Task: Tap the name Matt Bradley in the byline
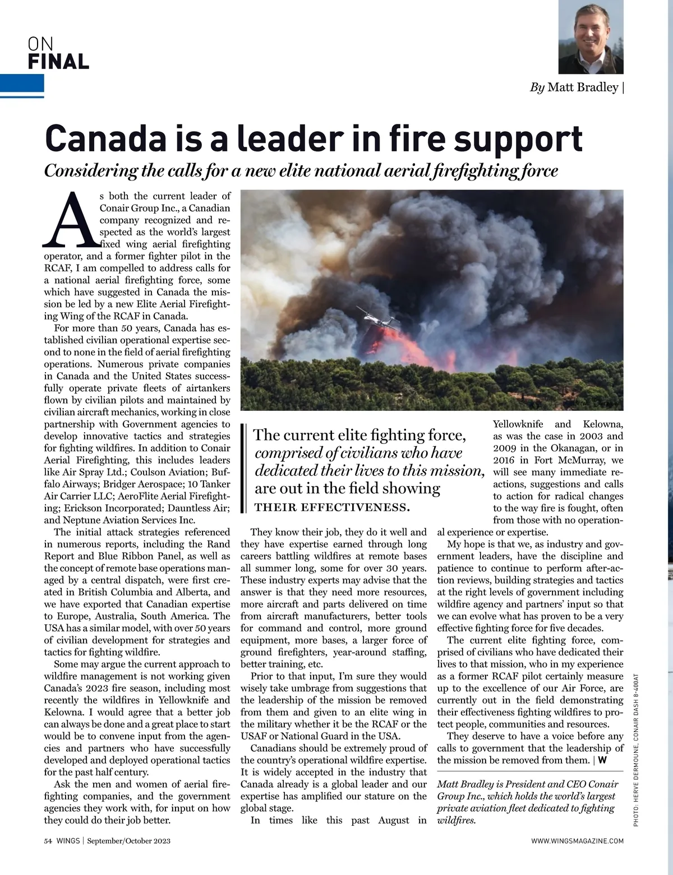pyautogui.click(x=583, y=87)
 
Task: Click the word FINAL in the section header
pyautogui.click(x=58, y=61)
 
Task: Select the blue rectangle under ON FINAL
pyautogui.click(x=22, y=84)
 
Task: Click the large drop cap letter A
pyautogui.click(x=70, y=220)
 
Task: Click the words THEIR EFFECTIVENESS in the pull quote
pyautogui.click(x=333, y=508)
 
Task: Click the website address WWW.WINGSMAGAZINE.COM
pyautogui.click(x=577, y=841)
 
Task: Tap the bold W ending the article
pyautogui.click(x=602, y=761)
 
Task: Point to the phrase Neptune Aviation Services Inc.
pyautogui.click(x=120, y=520)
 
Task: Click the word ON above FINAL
pyautogui.click(x=40, y=43)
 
